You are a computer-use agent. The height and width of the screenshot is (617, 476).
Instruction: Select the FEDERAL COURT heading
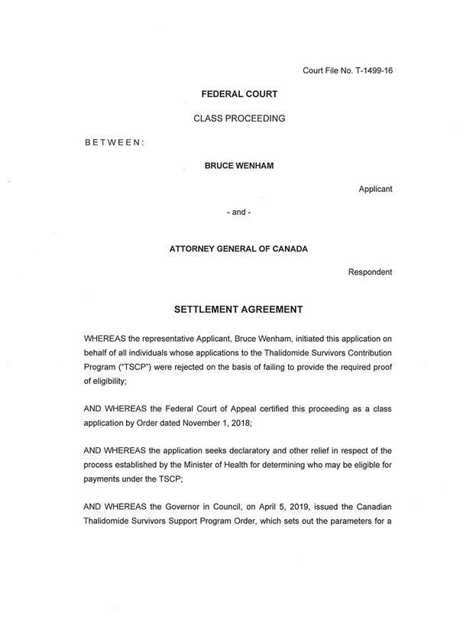click(239, 94)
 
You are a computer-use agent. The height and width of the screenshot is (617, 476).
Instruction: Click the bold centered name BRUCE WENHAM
click(238, 164)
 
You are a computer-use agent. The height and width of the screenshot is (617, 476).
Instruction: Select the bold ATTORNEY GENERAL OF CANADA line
click(239, 248)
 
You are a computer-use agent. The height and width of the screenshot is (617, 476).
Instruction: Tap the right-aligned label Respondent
click(370, 272)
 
